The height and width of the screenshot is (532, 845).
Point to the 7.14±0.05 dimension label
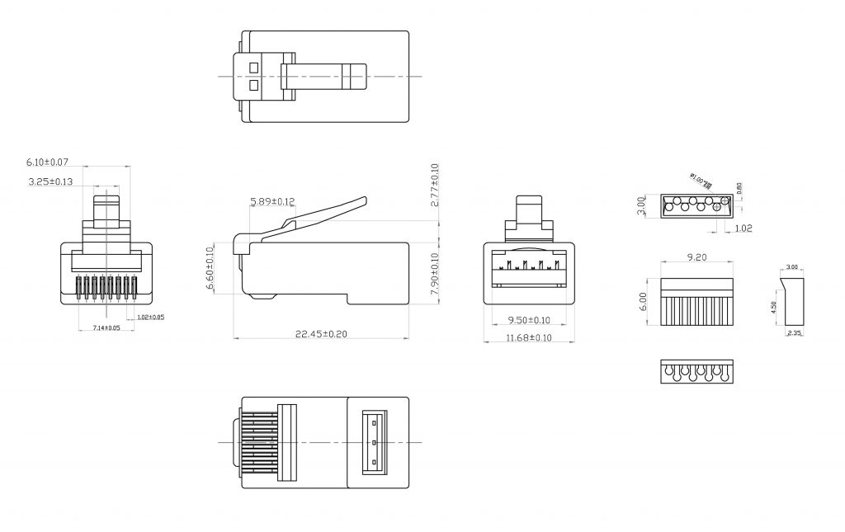pos(106,328)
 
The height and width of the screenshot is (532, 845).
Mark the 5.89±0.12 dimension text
pos(271,201)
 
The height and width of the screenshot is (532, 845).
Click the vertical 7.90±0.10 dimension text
pos(435,272)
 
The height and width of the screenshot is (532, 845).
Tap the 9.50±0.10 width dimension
pos(527,320)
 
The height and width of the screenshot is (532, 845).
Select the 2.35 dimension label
pos(794,332)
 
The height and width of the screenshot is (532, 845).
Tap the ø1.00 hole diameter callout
pos(701,181)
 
